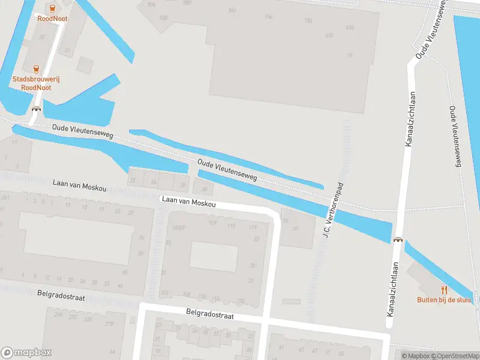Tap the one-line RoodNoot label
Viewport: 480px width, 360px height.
pos(52,19)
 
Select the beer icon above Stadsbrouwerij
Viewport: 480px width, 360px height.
pos(36,69)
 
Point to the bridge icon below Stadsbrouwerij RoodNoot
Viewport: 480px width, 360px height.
pos(37,109)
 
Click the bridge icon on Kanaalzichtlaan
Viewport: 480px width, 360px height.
pos(397,239)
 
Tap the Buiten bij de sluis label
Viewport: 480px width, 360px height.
pos(445,300)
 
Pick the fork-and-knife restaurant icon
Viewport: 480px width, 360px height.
pos(445,290)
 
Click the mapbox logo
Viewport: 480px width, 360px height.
pos(26,353)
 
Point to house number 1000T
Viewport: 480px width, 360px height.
pos(178,227)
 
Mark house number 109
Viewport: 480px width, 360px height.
pos(212,223)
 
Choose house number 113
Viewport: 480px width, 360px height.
pos(231,226)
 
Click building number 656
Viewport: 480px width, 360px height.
pos(329,35)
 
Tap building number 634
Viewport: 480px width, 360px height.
pos(350,28)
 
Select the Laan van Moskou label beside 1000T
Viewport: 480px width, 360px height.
pos(187,203)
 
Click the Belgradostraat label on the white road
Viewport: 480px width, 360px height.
pos(210,314)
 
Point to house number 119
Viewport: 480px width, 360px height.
pos(253,227)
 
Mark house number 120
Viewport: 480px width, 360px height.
pos(241,301)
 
